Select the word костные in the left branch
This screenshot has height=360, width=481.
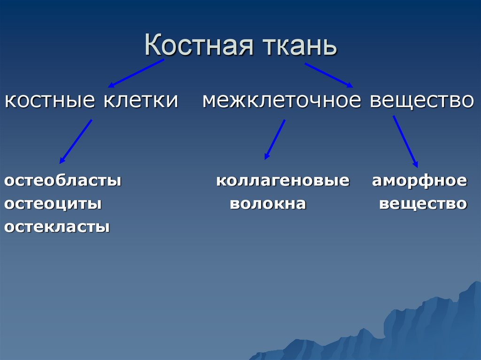pos(47,101)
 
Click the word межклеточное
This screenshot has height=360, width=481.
pos(282,101)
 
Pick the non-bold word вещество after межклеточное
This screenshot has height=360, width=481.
pos(421,101)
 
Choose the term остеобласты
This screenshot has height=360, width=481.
pos(63,181)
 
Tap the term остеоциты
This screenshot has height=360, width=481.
pos(53,204)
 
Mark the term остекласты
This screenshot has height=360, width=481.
pos(57,228)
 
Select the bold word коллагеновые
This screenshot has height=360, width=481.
pos(283,181)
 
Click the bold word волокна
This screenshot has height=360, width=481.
pos(268,204)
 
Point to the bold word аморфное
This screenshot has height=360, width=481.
pos(419,181)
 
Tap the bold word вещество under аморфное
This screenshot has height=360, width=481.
pos(423,204)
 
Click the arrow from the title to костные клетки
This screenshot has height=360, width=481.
pos(136,73)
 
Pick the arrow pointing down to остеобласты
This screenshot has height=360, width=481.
pos(76,141)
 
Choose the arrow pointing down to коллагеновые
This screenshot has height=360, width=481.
pos(275,140)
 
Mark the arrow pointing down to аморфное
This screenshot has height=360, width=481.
pos(405,141)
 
